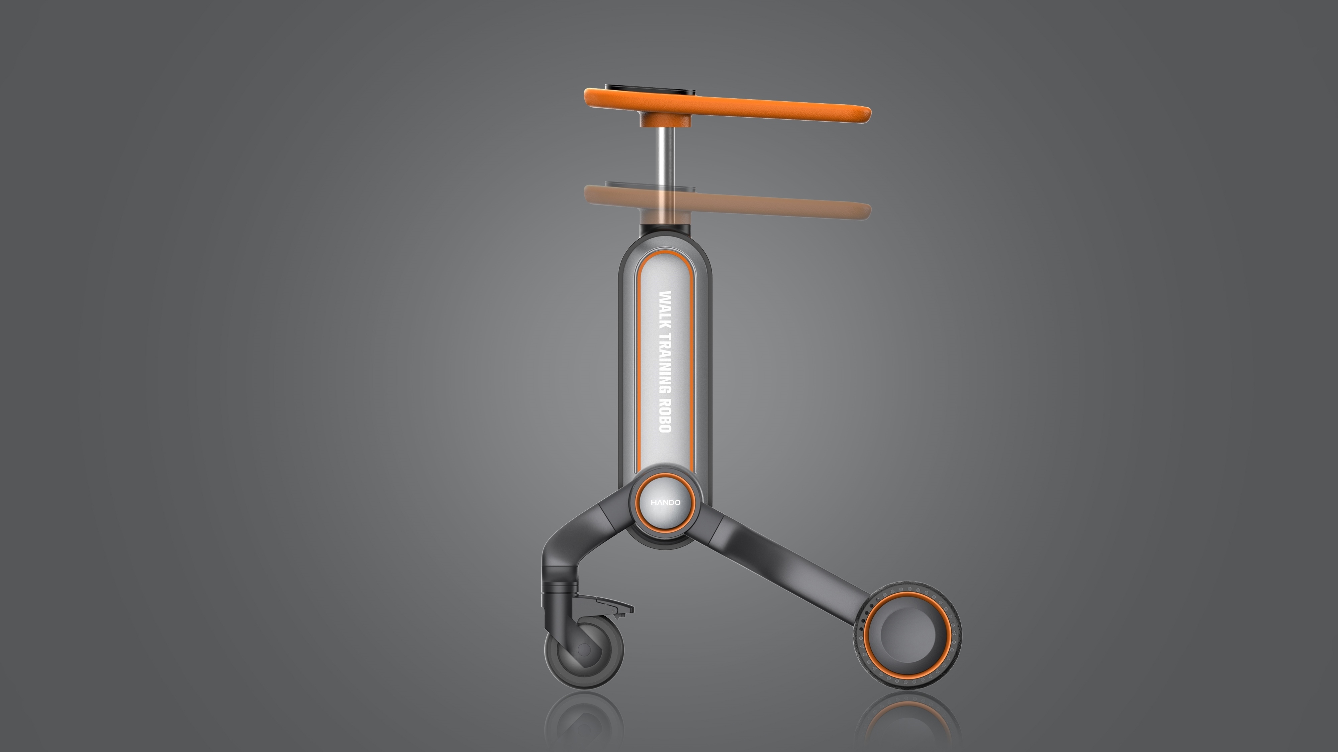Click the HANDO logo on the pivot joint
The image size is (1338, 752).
pos(665,502)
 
